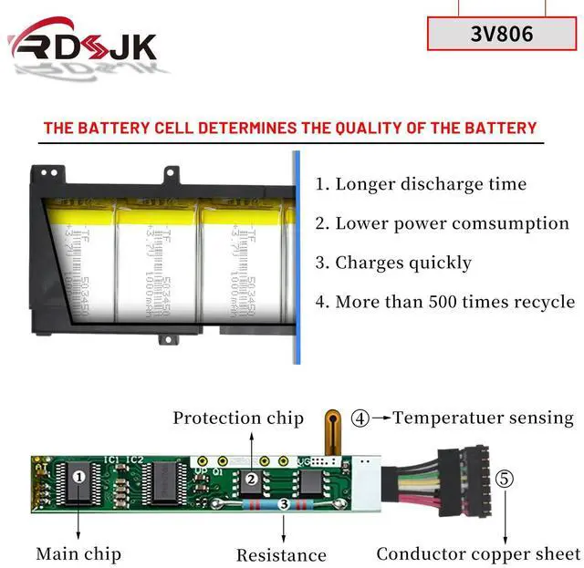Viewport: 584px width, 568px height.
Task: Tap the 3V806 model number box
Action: pyautogui.click(x=503, y=34)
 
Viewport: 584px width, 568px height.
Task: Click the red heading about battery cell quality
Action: pyautogui.click(x=290, y=128)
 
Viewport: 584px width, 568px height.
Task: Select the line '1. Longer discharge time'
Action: pyautogui.click(x=421, y=183)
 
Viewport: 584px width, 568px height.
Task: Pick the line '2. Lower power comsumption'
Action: pyautogui.click(x=442, y=222)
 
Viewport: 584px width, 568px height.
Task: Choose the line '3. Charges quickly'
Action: pyautogui.click(x=393, y=263)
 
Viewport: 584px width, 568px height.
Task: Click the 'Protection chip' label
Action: pyautogui.click(x=238, y=418)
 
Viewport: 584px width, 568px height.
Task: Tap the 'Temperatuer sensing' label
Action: pyautogui.click(x=484, y=418)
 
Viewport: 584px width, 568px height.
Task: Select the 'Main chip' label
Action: pyautogui.click(x=78, y=553)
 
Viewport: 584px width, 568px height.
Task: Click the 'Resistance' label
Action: pyautogui.click(x=281, y=554)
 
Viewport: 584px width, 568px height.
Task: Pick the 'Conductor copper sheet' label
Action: pyautogui.click(x=478, y=553)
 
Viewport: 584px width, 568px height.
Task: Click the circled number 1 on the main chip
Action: pyautogui.click(x=79, y=474)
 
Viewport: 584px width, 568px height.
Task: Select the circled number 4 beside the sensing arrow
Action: pyautogui.click(x=360, y=419)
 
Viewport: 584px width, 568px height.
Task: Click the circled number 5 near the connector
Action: pyautogui.click(x=505, y=478)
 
